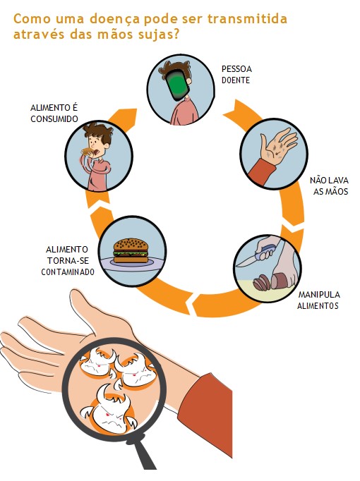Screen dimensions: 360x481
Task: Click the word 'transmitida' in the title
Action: (x=247, y=19)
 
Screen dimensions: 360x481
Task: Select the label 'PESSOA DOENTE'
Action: (x=236, y=75)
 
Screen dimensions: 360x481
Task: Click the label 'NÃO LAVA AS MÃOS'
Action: (x=330, y=186)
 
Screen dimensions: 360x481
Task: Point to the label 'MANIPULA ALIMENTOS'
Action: (x=319, y=300)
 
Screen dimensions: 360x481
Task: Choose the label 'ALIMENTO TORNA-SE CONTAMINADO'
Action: (x=68, y=260)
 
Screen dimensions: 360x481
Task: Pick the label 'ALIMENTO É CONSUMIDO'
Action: (x=54, y=113)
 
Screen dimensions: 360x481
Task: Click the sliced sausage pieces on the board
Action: (x=262, y=282)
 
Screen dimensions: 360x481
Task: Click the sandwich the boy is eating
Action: (x=87, y=151)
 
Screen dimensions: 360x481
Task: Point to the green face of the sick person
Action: (x=177, y=85)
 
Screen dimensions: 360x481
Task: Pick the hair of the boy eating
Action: (x=99, y=132)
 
